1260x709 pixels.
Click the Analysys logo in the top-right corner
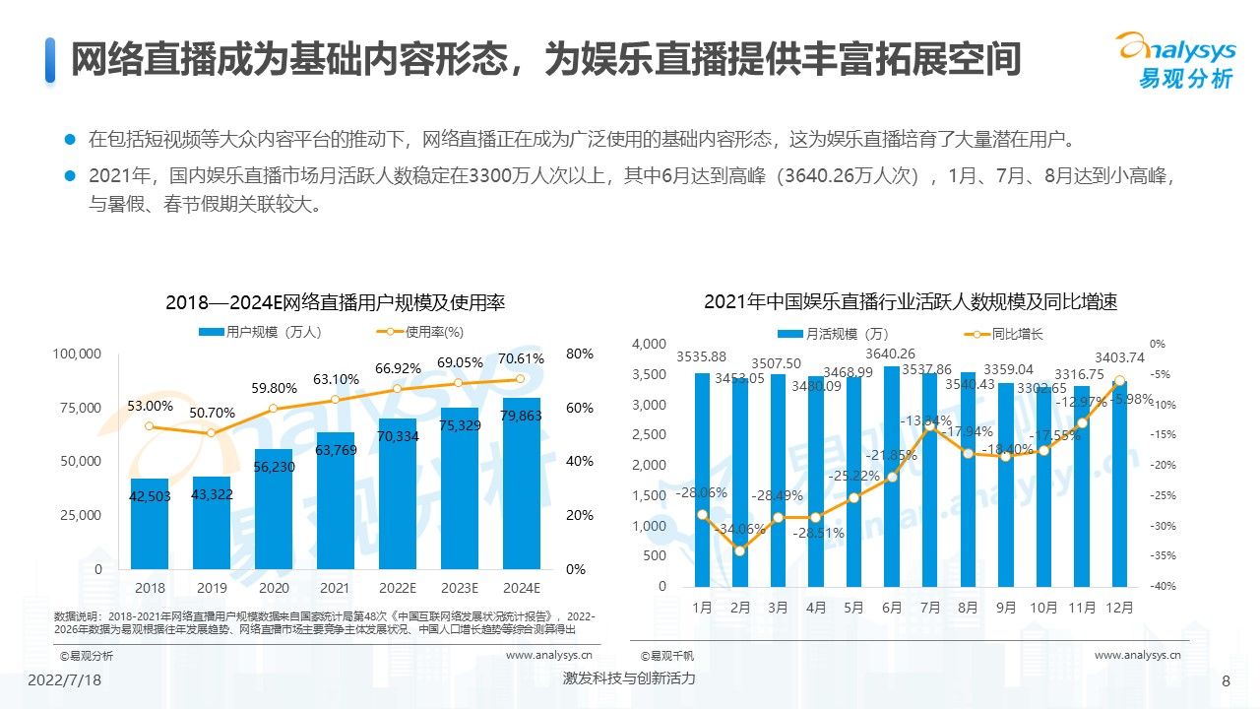coord(1173,59)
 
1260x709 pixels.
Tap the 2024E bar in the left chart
coord(522,483)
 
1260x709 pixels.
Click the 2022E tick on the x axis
coord(398,588)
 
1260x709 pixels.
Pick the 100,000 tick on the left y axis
coord(77,354)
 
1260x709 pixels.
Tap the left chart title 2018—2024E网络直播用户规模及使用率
coord(335,303)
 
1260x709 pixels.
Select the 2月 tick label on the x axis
coord(740,609)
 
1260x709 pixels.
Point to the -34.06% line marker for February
coord(740,550)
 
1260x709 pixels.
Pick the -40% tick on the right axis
coord(1164,587)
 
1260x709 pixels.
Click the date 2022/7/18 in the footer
coord(64,680)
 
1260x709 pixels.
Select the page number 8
coord(1226,681)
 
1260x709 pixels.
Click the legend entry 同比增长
coord(1004,334)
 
